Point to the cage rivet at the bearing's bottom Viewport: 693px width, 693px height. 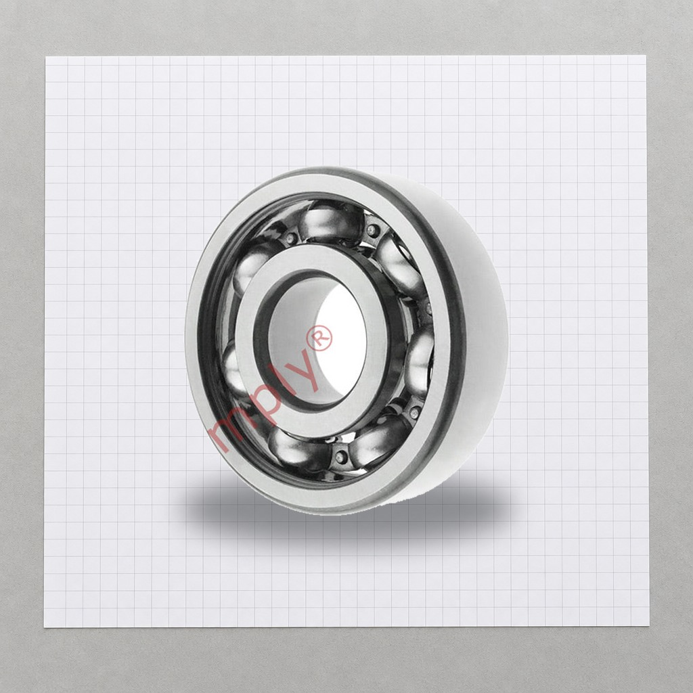point(341,457)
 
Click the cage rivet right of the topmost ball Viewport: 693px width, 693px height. point(372,230)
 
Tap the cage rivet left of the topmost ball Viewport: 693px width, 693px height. point(291,239)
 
